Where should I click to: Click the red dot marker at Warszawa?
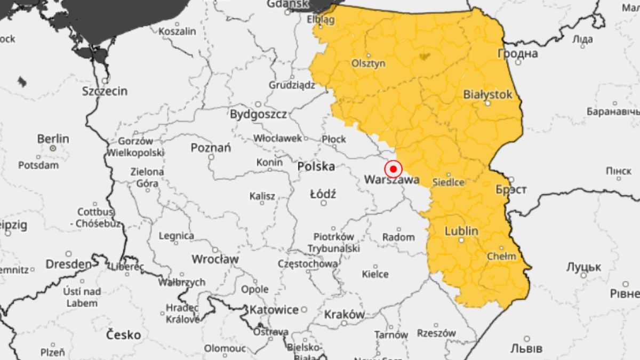coord(393,169)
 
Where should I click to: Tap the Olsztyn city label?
coord(368,63)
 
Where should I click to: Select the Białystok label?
coord(487,94)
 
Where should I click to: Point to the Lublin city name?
coord(461,231)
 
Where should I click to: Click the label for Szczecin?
coord(105,91)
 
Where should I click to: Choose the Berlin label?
coord(53,139)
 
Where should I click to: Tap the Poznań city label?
coord(211,148)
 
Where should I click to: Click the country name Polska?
coord(316,167)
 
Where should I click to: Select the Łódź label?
coord(323,194)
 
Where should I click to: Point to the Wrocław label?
coord(215,259)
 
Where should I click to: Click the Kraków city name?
coord(345,314)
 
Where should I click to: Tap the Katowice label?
coord(275,309)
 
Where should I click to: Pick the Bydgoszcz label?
coord(258,114)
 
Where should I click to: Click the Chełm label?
coord(502,256)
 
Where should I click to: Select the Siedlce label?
coord(447,182)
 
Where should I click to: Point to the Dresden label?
coord(68,264)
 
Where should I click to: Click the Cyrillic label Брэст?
coord(510,190)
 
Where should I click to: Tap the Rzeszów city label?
coord(437,333)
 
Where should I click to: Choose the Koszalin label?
coord(178,31)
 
